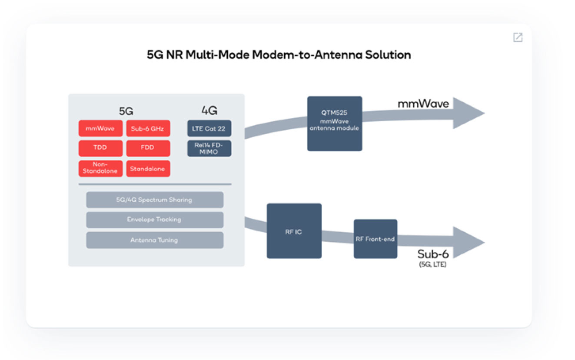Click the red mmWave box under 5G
pos(100,128)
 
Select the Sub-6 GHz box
pos(148,128)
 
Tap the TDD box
pos(100,148)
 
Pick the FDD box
pos(148,148)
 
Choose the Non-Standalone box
pos(100,168)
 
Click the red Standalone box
pos(148,168)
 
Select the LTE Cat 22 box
pos(209,128)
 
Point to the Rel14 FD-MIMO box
pos(209,148)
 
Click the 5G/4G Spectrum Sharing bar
pos(155,200)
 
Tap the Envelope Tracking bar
pos(155,220)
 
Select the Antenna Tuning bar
pos(155,240)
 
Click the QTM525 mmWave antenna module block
pos(334,124)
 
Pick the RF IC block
pos(294,231)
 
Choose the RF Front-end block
pos(375,239)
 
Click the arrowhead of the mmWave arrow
pos(469,113)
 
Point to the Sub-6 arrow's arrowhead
pos(469,242)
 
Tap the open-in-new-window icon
pos(518,37)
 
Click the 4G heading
pos(209,110)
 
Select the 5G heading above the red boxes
pos(126,111)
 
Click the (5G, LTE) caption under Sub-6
pos(433,264)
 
